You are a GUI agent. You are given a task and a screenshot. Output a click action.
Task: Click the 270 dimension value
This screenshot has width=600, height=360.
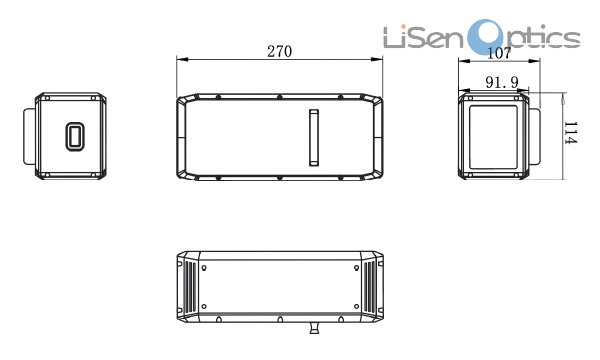[x=279, y=51]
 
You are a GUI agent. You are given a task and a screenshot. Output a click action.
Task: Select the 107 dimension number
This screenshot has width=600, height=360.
[x=499, y=53]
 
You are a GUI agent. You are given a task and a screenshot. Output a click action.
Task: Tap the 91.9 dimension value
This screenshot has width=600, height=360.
[x=502, y=82]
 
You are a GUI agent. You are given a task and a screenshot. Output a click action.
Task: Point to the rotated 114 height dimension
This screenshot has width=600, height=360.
[x=570, y=133]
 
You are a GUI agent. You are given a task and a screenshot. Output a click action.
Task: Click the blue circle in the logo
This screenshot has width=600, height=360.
[x=487, y=37]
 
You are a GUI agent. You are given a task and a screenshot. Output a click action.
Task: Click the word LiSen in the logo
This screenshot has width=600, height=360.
[x=423, y=37]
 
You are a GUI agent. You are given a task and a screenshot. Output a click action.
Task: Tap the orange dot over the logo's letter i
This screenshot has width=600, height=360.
[x=403, y=27]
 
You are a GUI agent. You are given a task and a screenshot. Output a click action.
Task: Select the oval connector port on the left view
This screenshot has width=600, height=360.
[x=75, y=136]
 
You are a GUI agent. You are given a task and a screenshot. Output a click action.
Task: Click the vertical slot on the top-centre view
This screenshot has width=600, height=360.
[x=314, y=138]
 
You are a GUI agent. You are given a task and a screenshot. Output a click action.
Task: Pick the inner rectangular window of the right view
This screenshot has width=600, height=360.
[x=493, y=137]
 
